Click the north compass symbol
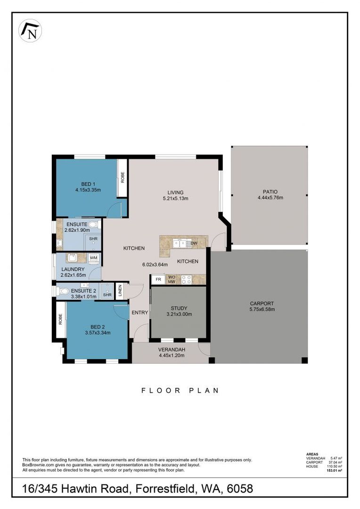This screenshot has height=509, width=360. [30, 31]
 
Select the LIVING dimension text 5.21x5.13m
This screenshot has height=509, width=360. [175, 198]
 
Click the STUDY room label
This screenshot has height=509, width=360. [179, 308]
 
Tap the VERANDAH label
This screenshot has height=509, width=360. [172, 349]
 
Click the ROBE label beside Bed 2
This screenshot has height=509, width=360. [61, 320]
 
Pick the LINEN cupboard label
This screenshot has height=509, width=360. [120, 290]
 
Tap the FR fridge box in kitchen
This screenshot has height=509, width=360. [158, 279]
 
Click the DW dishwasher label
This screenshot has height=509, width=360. [194, 244]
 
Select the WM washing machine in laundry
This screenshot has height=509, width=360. [93, 258]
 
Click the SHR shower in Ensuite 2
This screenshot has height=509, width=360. [107, 295]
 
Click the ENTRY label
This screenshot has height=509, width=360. [140, 312]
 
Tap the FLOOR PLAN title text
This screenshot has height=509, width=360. [180, 390]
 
